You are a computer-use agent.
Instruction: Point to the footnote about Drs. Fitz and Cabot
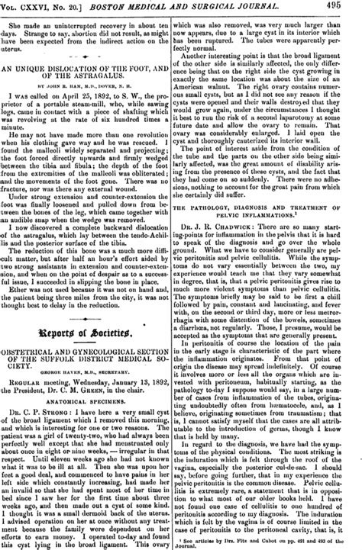[272, 538]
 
